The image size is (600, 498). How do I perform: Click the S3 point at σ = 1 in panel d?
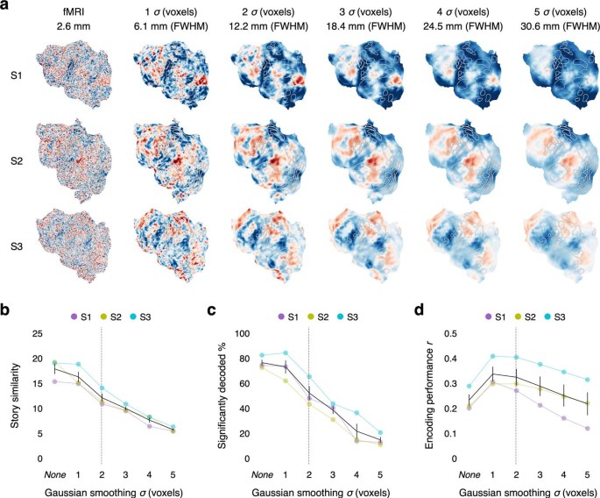pyautogui.click(x=469, y=356)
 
